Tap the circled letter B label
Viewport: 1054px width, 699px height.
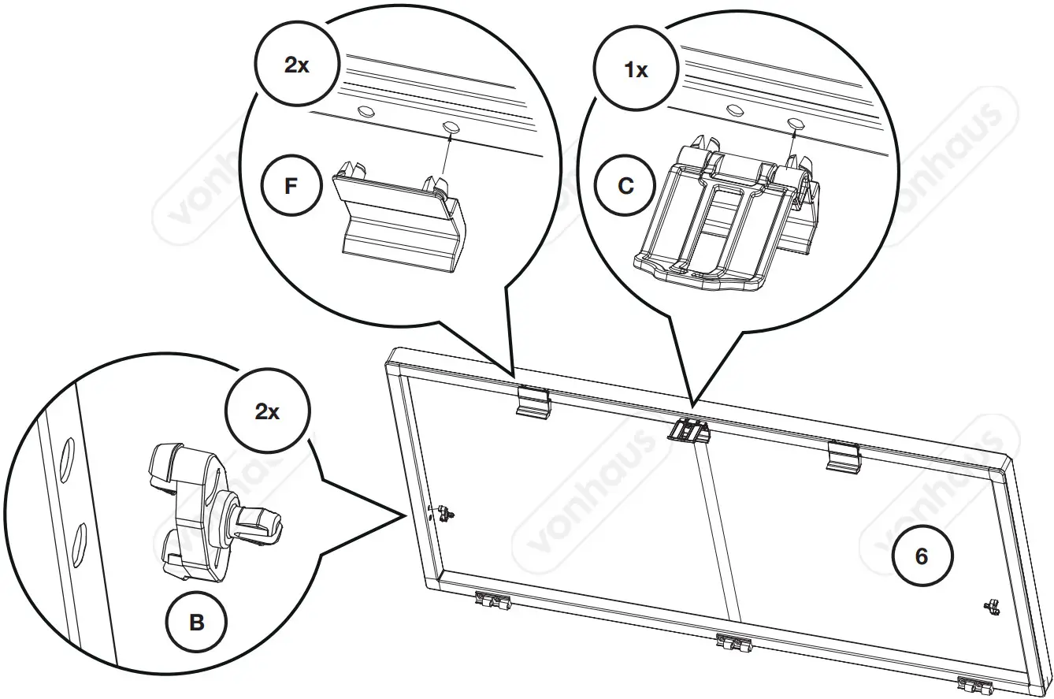click(197, 623)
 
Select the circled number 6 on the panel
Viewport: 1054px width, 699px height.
click(921, 556)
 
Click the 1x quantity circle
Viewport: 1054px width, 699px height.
click(636, 69)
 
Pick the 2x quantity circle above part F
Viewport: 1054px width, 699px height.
click(296, 65)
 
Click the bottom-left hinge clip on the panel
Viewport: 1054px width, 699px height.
click(492, 602)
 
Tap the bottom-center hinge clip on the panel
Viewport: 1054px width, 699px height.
click(734, 643)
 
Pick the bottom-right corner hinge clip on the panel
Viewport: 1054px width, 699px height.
click(974, 684)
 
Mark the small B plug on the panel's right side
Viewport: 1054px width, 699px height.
click(991, 606)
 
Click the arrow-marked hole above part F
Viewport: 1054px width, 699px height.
click(451, 126)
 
